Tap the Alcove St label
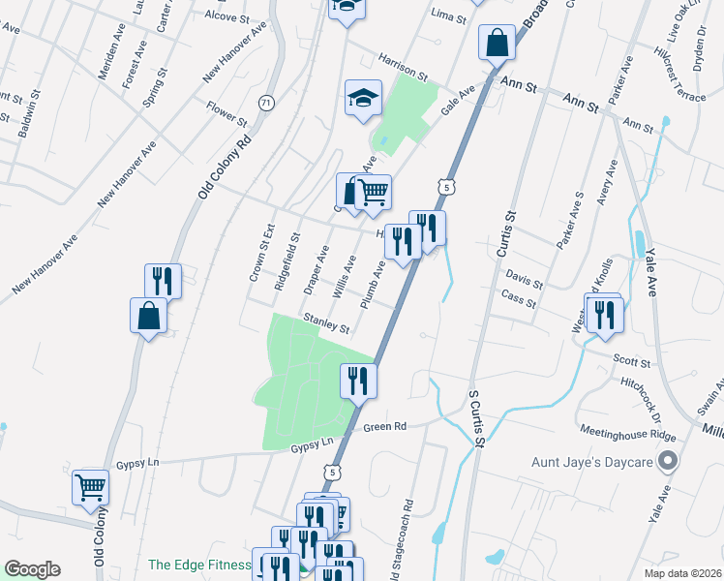pos(227,16)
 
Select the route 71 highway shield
pos(266,103)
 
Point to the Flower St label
pos(226,112)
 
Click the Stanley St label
pos(326,322)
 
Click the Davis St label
pos(524,281)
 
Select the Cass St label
pos(519,301)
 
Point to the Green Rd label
pos(384,426)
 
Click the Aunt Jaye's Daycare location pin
pos(666,462)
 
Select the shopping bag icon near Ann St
pos(496,44)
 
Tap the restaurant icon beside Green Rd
pos(358,380)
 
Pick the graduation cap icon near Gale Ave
pos(362,98)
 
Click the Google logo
pos(32,569)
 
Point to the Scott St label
pos(631,359)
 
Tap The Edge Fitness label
pos(198,566)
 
